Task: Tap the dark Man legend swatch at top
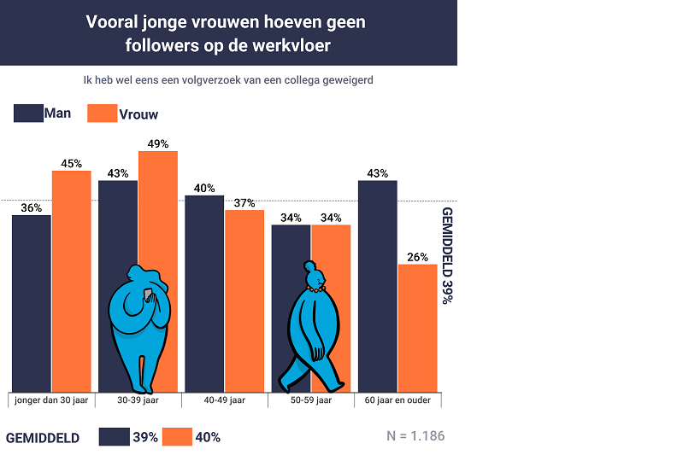[x=28, y=114]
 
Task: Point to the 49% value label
[x=157, y=143]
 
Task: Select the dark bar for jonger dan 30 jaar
[x=32, y=303]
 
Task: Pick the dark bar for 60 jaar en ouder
[x=377, y=286]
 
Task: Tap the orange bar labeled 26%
[x=417, y=328]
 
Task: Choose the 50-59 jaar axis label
[x=310, y=400]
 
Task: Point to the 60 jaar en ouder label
[x=397, y=400]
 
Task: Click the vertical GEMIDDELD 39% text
[x=447, y=255]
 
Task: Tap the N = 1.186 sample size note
[x=415, y=436]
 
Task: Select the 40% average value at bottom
[x=208, y=437]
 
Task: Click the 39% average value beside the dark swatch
[x=144, y=437]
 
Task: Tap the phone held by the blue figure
[x=147, y=295]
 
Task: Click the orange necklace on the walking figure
[x=315, y=289]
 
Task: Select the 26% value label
[x=417, y=257]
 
